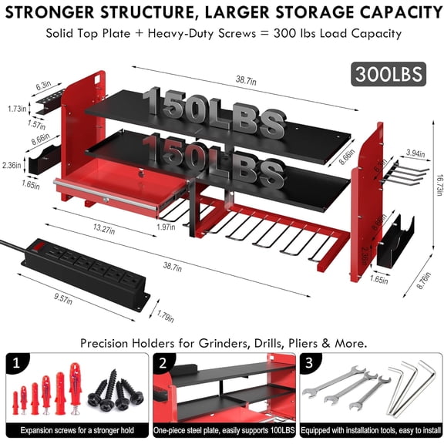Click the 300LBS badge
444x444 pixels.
[388, 74]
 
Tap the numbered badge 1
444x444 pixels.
[13, 362]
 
